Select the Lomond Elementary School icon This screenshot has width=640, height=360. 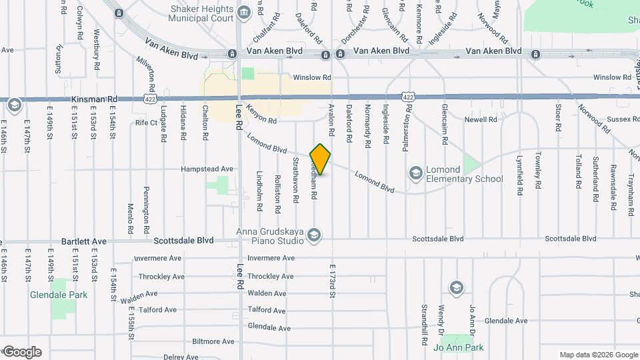(416, 174)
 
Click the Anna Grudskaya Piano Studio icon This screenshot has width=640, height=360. (315, 235)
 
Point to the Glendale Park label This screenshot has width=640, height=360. (58, 294)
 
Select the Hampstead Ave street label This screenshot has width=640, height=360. (207, 169)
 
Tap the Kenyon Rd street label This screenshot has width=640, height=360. (261, 114)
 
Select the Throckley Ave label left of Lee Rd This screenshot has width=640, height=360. (161, 277)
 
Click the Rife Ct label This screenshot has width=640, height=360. (145, 123)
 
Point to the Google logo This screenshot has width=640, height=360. (22, 351)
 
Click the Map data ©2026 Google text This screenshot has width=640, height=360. (598, 355)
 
